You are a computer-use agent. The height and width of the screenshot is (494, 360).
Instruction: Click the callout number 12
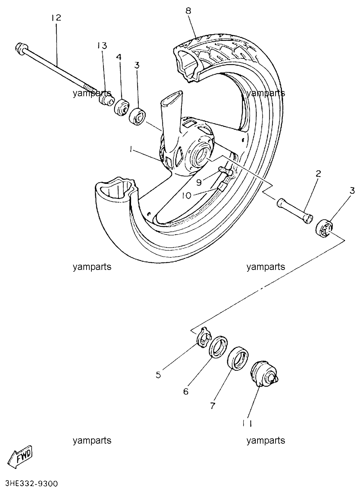pos(56,18)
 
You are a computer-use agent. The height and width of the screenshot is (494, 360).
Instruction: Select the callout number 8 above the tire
pos(188,11)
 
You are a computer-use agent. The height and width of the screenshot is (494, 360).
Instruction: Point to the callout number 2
pos(318,174)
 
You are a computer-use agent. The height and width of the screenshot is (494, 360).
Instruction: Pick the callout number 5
pos(158,375)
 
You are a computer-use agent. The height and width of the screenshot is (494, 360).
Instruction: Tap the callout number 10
pos(187,195)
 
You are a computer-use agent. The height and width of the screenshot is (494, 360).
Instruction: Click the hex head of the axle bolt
pos(22,48)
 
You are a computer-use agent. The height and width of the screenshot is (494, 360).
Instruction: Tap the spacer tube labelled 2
pos(294,211)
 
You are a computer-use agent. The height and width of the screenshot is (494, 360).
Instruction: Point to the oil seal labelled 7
pos(238,359)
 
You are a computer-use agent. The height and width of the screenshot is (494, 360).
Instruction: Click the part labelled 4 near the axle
pos(122,107)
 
